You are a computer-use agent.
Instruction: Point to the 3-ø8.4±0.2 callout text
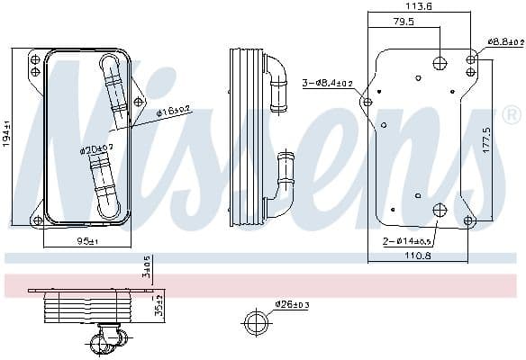(x=329, y=83)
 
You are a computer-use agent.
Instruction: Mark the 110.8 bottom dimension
(x=418, y=256)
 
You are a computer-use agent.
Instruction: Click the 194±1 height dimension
(x=7, y=135)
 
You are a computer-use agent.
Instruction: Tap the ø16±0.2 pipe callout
(x=173, y=112)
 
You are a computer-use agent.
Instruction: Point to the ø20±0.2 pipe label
(x=95, y=148)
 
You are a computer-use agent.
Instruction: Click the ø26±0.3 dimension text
(x=292, y=304)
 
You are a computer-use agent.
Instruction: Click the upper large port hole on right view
(x=440, y=62)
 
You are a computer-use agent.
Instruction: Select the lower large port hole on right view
(x=440, y=211)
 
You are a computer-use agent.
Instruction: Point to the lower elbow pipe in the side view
(x=286, y=184)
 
